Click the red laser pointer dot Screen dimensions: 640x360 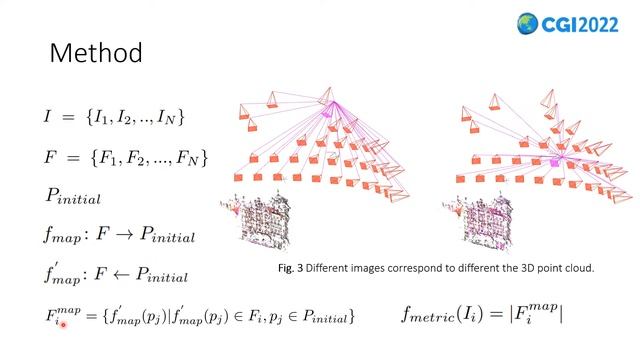pyautogui.click(x=63, y=323)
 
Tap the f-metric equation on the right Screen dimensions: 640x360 pyautogui.click(x=482, y=314)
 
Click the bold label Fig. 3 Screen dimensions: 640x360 pyautogui.click(x=291, y=268)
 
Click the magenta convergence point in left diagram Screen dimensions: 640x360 pyautogui.click(x=327, y=113)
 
